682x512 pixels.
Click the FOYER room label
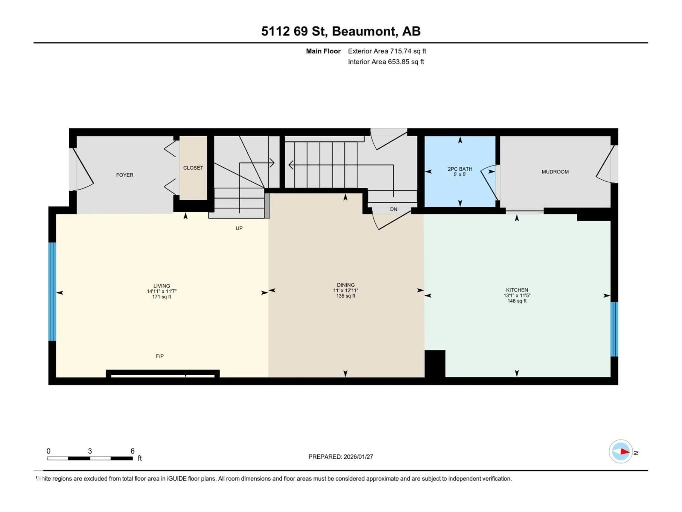click(x=125, y=175)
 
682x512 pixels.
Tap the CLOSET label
click(x=193, y=168)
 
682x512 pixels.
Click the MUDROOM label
click(x=555, y=172)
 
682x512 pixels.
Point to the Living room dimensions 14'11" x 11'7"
click(x=162, y=291)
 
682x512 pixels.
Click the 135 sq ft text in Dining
click(x=346, y=296)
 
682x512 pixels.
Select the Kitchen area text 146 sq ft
click(x=517, y=301)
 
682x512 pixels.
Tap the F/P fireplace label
click(x=160, y=356)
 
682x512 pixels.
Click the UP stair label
click(x=239, y=228)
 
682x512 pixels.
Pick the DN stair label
click(x=393, y=209)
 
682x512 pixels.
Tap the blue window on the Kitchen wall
click(x=614, y=329)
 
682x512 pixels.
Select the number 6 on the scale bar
click(x=132, y=451)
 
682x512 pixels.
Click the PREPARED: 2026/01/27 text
click(x=340, y=457)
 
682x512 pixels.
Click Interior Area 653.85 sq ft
click(x=386, y=62)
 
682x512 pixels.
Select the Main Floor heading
click(x=323, y=51)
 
